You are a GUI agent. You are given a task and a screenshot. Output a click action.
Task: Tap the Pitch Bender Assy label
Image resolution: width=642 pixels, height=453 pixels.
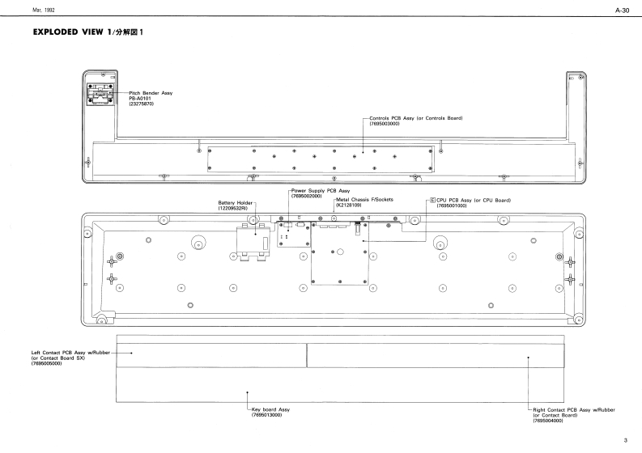click(x=151, y=94)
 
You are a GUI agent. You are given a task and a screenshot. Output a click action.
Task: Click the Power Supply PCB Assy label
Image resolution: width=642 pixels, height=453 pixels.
click(x=320, y=191)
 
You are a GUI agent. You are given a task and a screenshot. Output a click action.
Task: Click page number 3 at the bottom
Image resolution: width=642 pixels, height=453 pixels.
click(x=625, y=440)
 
